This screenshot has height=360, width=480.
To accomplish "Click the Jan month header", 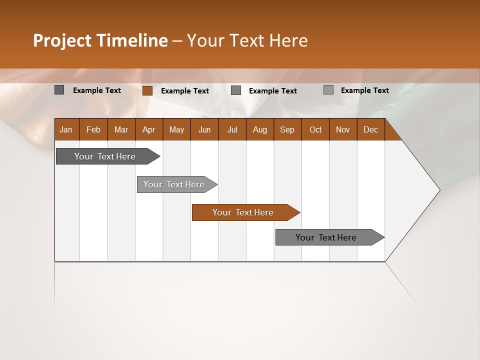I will (66, 129).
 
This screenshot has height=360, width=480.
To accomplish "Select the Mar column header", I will (121, 129).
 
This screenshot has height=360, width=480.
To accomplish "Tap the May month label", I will (176, 129).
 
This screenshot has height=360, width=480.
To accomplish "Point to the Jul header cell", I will (232, 129).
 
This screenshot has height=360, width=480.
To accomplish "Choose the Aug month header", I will (259, 129).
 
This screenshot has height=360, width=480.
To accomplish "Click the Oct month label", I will (315, 129).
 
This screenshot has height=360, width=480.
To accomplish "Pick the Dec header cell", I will (370, 129).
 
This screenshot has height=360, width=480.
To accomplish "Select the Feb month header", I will (93, 129).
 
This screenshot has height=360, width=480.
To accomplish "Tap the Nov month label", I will (342, 129).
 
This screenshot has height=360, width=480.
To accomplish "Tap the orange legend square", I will (147, 90).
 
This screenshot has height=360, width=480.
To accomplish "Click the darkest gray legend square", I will (59, 90).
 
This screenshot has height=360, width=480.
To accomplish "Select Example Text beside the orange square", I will (184, 91).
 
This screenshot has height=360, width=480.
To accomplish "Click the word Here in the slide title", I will (288, 40).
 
